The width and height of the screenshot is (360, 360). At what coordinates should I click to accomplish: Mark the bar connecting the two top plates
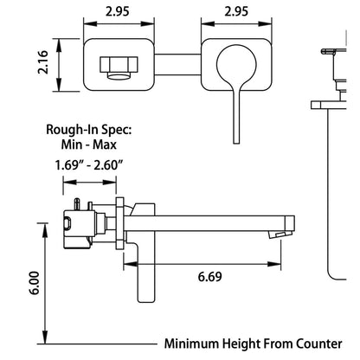(x=177, y=64)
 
